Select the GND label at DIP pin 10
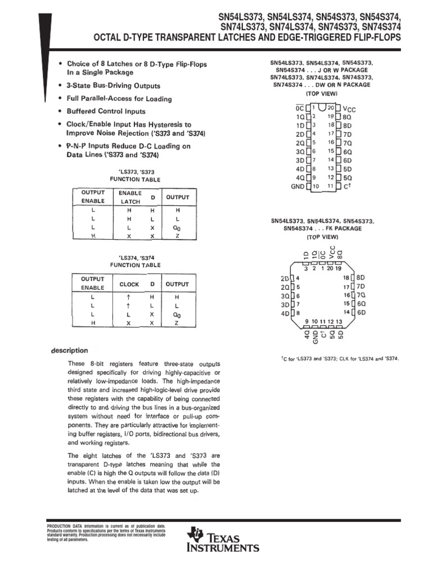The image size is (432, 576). [x=297, y=186]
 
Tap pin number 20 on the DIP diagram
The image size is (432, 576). [x=331, y=106]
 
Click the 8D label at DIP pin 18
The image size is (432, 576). [x=348, y=125]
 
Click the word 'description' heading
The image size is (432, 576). [x=69, y=350]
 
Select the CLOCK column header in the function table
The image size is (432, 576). [x=129, y=285]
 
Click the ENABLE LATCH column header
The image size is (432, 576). [x=129, y=196]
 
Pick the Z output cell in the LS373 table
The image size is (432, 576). [x=177, y=237]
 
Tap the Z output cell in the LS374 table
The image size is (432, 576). [x=177, y=323]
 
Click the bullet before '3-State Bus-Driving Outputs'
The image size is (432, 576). [x=60, y=85]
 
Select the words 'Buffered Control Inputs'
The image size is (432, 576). [x=106, y=111]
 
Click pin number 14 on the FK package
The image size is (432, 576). [x=347, y=312]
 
